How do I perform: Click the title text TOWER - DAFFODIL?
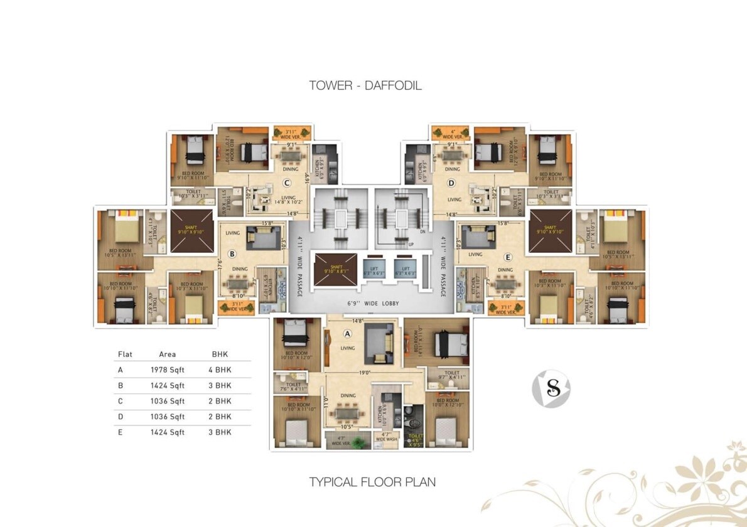[365, 86]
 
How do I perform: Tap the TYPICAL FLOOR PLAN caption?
[372, 482]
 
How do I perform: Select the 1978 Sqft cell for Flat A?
[168, 370]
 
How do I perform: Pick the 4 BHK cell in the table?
[220, 370]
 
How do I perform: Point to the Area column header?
[168, 354]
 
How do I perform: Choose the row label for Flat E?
[121, 432]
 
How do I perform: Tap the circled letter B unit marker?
[232, 254]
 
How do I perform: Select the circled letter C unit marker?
[286, 183]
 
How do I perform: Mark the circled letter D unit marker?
[451, 183]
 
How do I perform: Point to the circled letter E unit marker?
[507, 256]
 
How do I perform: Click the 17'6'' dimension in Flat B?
[219, 263]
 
